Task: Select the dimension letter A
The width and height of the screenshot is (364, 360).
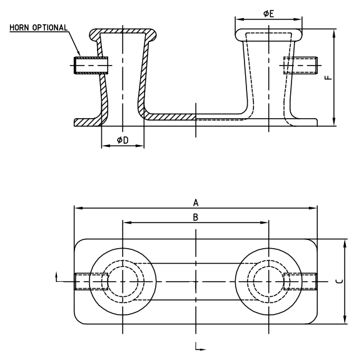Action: pos(196,202)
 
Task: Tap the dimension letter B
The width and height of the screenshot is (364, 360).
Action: pos(195,217)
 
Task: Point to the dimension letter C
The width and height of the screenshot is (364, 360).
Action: pos(338,281)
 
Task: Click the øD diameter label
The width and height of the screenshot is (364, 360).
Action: pos(123,141)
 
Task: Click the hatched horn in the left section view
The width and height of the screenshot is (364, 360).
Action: pos(88,64)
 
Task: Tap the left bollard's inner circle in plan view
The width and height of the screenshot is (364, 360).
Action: pos(123,282)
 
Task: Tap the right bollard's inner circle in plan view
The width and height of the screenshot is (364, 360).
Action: pos(268,282)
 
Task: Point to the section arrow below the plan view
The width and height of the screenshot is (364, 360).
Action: pos(198,346)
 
